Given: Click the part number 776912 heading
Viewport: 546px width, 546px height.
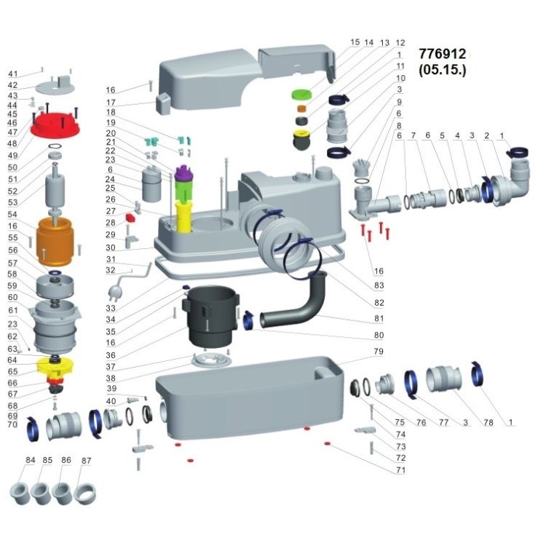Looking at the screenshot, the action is coord(442,54).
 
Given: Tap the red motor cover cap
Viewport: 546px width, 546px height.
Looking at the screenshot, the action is coord(55,125).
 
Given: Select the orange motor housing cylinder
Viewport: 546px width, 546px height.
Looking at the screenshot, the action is coord(55,241).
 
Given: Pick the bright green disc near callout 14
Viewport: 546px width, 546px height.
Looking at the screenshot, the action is coord(301,94).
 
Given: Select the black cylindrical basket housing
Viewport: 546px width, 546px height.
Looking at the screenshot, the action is coord(211,316).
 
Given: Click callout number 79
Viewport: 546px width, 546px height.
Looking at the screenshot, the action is coord(379,352).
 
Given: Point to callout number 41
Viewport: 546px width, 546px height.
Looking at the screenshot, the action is coord(13,74).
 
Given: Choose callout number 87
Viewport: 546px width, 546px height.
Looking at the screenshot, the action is coord(87,460).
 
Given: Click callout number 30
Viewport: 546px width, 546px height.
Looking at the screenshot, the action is coord(111,248).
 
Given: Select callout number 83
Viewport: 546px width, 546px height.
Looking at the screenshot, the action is coord(379,285).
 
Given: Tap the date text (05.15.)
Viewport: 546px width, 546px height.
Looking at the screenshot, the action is coord(442,70).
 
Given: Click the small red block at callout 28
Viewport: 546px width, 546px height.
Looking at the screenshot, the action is coord(131,218).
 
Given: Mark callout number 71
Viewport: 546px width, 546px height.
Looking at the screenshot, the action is coord(401,470).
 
